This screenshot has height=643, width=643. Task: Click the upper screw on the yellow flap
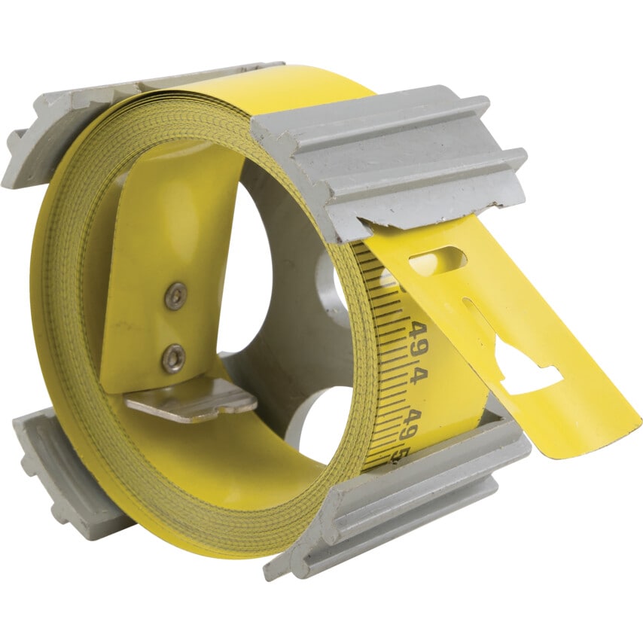(x=175, y=296)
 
